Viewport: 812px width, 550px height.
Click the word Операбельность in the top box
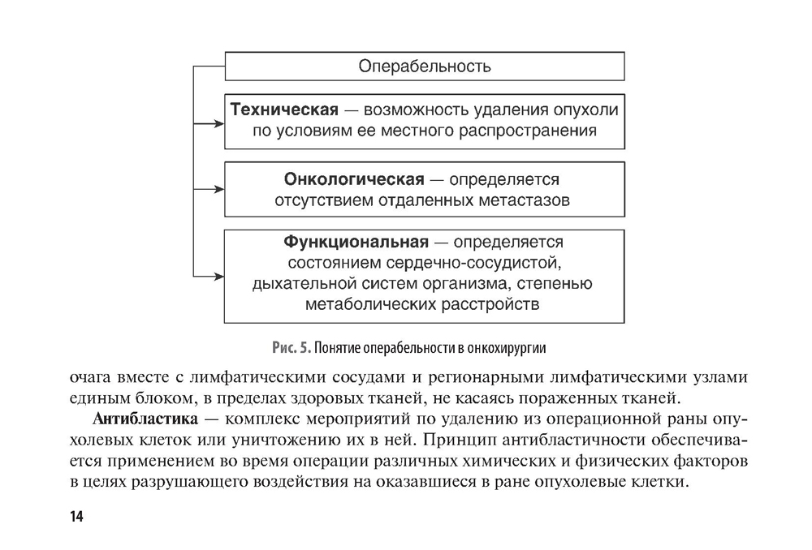point(425,66)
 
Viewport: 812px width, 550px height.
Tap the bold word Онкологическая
point(354,178)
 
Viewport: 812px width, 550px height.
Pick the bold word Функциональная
point(355,242)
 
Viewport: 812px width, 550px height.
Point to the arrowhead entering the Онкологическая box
point(218,189)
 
